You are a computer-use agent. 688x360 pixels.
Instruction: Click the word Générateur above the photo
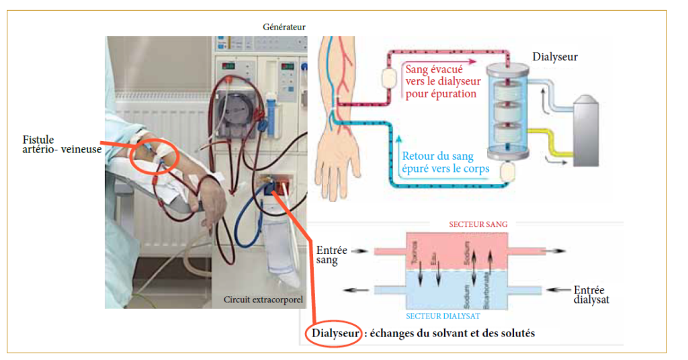(284, 27)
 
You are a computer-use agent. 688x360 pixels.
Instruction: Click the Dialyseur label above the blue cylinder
(554, 57)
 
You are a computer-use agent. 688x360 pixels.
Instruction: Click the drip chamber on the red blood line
(387, 79)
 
